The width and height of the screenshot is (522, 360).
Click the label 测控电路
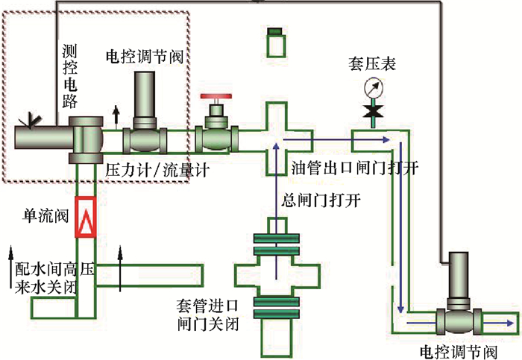click(71, 75)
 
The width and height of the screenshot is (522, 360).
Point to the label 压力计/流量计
click(157, 170)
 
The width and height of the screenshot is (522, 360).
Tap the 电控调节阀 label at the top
click(145, 56)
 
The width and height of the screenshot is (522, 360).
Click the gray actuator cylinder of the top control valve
click(144, 96)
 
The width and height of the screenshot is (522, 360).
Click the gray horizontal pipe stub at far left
click(41, 137)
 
